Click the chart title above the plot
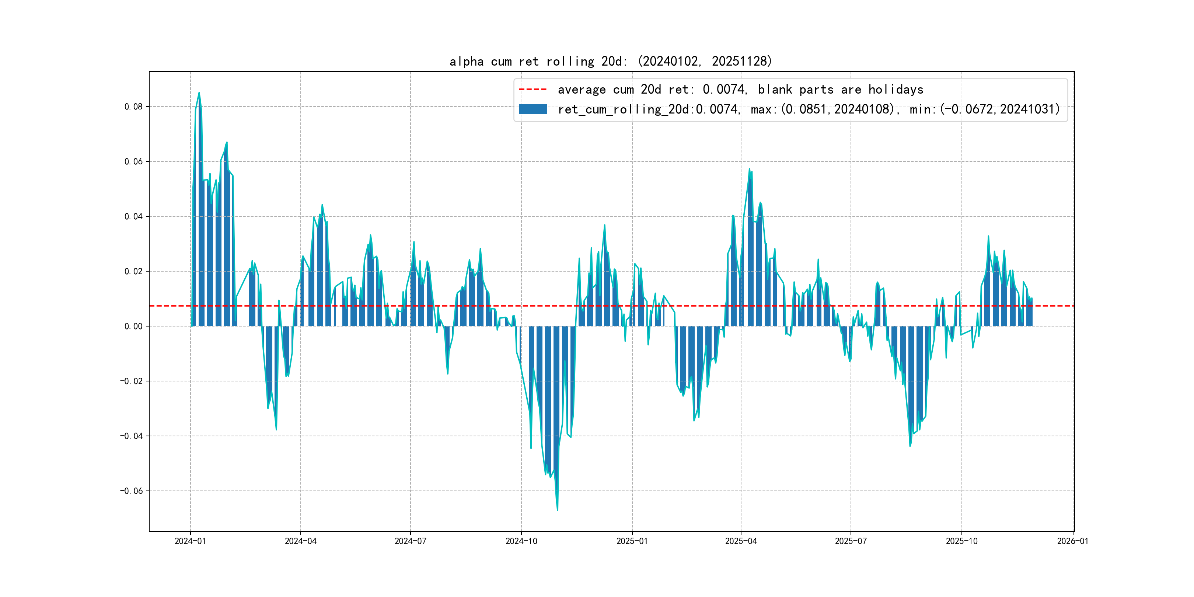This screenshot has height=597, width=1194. coord(610,61)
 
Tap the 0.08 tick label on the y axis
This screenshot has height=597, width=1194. coord(133,107)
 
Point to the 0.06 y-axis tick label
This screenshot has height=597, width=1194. coord(133,161)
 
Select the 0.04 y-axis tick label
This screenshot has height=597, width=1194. coord(133,216)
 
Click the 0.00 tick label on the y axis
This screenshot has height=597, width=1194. coord(133,326)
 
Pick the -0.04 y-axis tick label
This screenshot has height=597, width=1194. coord(132,436)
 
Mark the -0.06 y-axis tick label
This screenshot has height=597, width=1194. coord(132,491)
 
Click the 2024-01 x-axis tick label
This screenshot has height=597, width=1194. coord(190,541)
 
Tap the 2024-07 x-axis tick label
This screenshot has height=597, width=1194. coord(410,541)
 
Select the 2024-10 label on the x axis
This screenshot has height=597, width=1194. coord(521,541)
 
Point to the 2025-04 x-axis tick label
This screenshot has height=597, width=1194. coord(741,541)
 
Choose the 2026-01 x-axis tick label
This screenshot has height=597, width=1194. coord(1072,541)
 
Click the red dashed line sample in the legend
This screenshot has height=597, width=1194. coord(533,89)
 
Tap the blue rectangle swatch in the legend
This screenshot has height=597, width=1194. coord(533,109)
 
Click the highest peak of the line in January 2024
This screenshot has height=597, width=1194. coord(199,93)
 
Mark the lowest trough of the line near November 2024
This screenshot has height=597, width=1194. coord(558,510)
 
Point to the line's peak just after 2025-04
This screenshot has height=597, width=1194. coord(749,169)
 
